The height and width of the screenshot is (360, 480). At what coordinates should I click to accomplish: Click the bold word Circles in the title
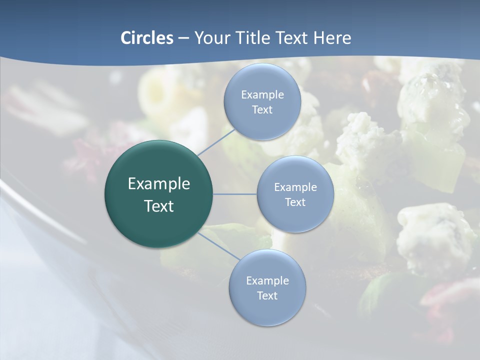pos(147,38)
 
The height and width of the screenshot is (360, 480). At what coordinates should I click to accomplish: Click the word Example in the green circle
pos(159,184)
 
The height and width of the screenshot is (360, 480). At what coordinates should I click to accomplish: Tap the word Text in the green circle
pos(159,206)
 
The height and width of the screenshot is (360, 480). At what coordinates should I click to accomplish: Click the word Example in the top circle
pos(262,94)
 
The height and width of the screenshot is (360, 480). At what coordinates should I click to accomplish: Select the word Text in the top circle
pos(262,109)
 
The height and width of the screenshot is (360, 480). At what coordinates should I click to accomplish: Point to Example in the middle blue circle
pos(295,187)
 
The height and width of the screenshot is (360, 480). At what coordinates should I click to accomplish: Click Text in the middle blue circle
pos(295,202)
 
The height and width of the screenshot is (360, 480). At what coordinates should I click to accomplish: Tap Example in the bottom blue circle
pos(267,280)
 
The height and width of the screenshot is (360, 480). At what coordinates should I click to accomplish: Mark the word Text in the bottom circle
pos(267,295)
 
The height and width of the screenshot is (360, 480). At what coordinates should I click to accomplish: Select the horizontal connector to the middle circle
pos(235,194)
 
